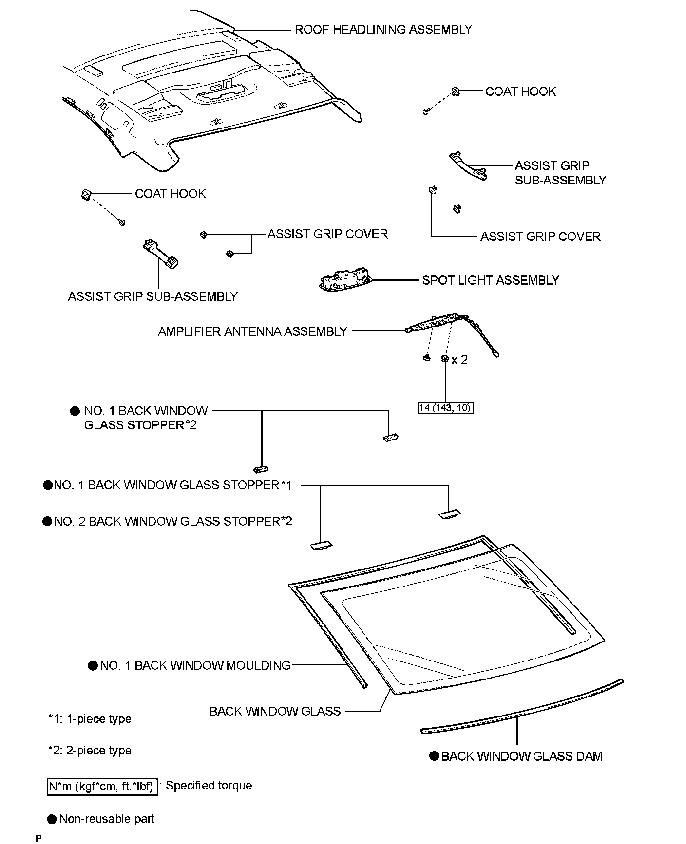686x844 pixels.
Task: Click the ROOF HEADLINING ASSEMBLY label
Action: (x=383, y=30)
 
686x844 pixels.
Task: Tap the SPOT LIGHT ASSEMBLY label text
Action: (x=490, y=280)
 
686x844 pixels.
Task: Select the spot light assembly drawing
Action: (x=345, y=281)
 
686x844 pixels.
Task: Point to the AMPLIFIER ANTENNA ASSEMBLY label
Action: (x=252, y=331)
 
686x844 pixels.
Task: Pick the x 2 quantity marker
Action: (x=459, y=360)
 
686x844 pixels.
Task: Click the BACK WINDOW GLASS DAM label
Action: (x=521, y=756)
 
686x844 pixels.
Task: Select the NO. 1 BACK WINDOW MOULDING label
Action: (x=195, y=665)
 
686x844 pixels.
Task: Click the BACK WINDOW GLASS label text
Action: (x=275, y=711)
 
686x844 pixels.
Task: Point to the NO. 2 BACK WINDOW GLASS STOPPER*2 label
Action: (x=173, y=521)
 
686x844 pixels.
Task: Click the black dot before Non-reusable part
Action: (x=52, y=819)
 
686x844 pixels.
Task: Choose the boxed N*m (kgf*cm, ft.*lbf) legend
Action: (x=102, y=786)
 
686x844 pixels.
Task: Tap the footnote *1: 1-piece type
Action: (x=90, y=719)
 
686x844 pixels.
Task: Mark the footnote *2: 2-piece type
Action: (x=90, y=750)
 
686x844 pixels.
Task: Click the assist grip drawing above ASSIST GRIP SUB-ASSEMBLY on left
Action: (x=160, y=254)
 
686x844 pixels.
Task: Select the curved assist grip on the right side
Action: (x=467, y=166)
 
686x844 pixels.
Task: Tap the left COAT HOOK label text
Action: (x=170, y=194)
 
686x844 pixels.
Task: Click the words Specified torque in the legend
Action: (x=209, y=785)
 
